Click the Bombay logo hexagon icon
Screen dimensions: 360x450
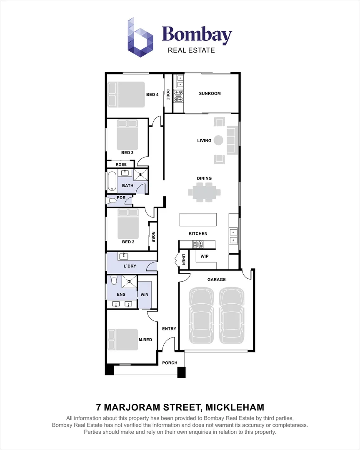coord(140,37)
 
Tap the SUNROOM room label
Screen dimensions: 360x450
coord(210,94)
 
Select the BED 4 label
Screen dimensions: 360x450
coord(152,95)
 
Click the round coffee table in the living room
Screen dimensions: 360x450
coord(218,140)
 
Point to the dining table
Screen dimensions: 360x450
coord(205,192)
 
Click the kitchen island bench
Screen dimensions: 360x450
coord(198,220)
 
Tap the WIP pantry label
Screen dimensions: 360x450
coord(205,256)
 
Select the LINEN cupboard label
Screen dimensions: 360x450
coord(183,259)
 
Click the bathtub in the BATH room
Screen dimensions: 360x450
coord(112,181)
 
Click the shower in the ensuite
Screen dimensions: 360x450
coord(129,282)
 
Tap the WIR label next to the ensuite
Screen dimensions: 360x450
coord(145,295)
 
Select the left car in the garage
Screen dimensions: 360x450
coord(202,315)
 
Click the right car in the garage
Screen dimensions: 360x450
coord(232,315)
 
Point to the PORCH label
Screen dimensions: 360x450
coord(170,363)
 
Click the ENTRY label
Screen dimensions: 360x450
coord(169,329)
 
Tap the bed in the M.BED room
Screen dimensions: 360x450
coord(123,340)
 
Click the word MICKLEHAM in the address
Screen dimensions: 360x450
coord(235,407)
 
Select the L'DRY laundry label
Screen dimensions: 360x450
coord(130,266)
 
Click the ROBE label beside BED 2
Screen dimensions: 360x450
coord(153,237)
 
